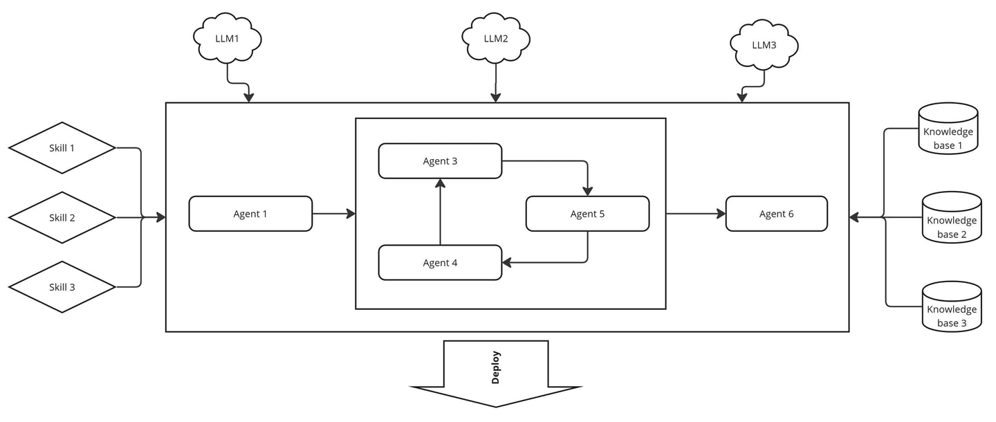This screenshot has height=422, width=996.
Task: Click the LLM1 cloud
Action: coord(227,38)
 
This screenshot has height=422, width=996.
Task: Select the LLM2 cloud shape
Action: coord(496,38)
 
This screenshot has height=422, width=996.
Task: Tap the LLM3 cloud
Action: coord(764,45)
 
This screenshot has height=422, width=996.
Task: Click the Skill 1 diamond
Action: coord(62,147)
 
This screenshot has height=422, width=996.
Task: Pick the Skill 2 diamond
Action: coord(62,217)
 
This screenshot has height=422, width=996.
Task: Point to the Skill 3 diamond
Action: coord(62,287)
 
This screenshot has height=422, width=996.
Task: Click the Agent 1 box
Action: coord(250,214)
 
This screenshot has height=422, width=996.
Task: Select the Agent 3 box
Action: coord(440,160)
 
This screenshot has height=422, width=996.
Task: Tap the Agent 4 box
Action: coord(440,262)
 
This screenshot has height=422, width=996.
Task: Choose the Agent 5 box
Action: coord(587,214)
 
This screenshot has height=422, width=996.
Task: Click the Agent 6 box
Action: coord(776,214)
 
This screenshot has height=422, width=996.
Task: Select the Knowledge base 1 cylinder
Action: coord(948,129)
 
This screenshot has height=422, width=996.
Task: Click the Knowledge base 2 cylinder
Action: coord(952,217)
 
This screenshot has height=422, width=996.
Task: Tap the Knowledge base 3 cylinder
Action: coord(952,306)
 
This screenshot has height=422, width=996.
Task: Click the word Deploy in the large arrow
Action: coord(496,367)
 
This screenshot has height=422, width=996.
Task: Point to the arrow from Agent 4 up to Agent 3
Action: coord(440,212)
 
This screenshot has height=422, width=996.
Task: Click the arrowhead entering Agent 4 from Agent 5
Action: coord(507,262)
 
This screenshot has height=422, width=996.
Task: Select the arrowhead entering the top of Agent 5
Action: coord(587,191)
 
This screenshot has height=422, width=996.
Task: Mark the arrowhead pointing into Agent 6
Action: coord(721,214)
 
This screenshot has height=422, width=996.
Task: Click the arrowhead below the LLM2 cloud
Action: coord(496,98)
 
